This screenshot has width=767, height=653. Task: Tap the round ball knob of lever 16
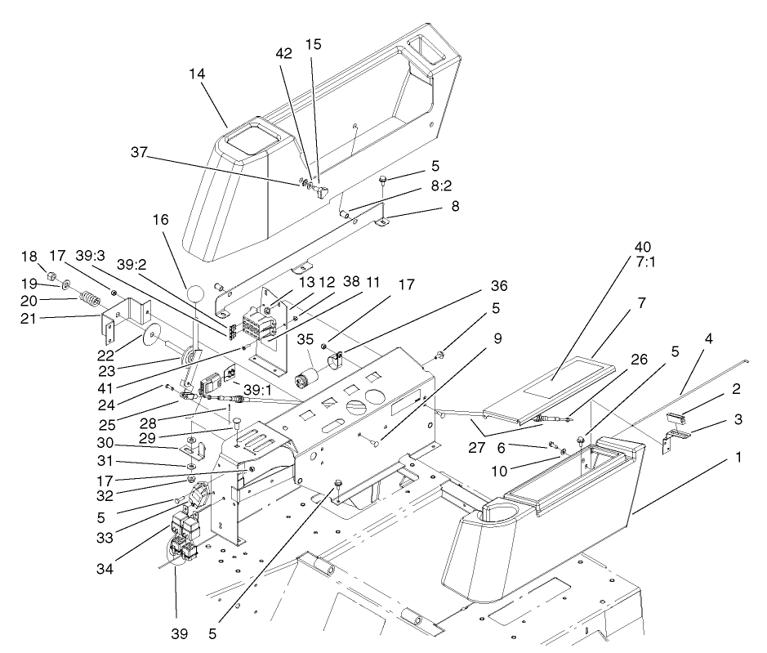tap(195, 294)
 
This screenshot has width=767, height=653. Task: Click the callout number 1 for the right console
tap(738, 458)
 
